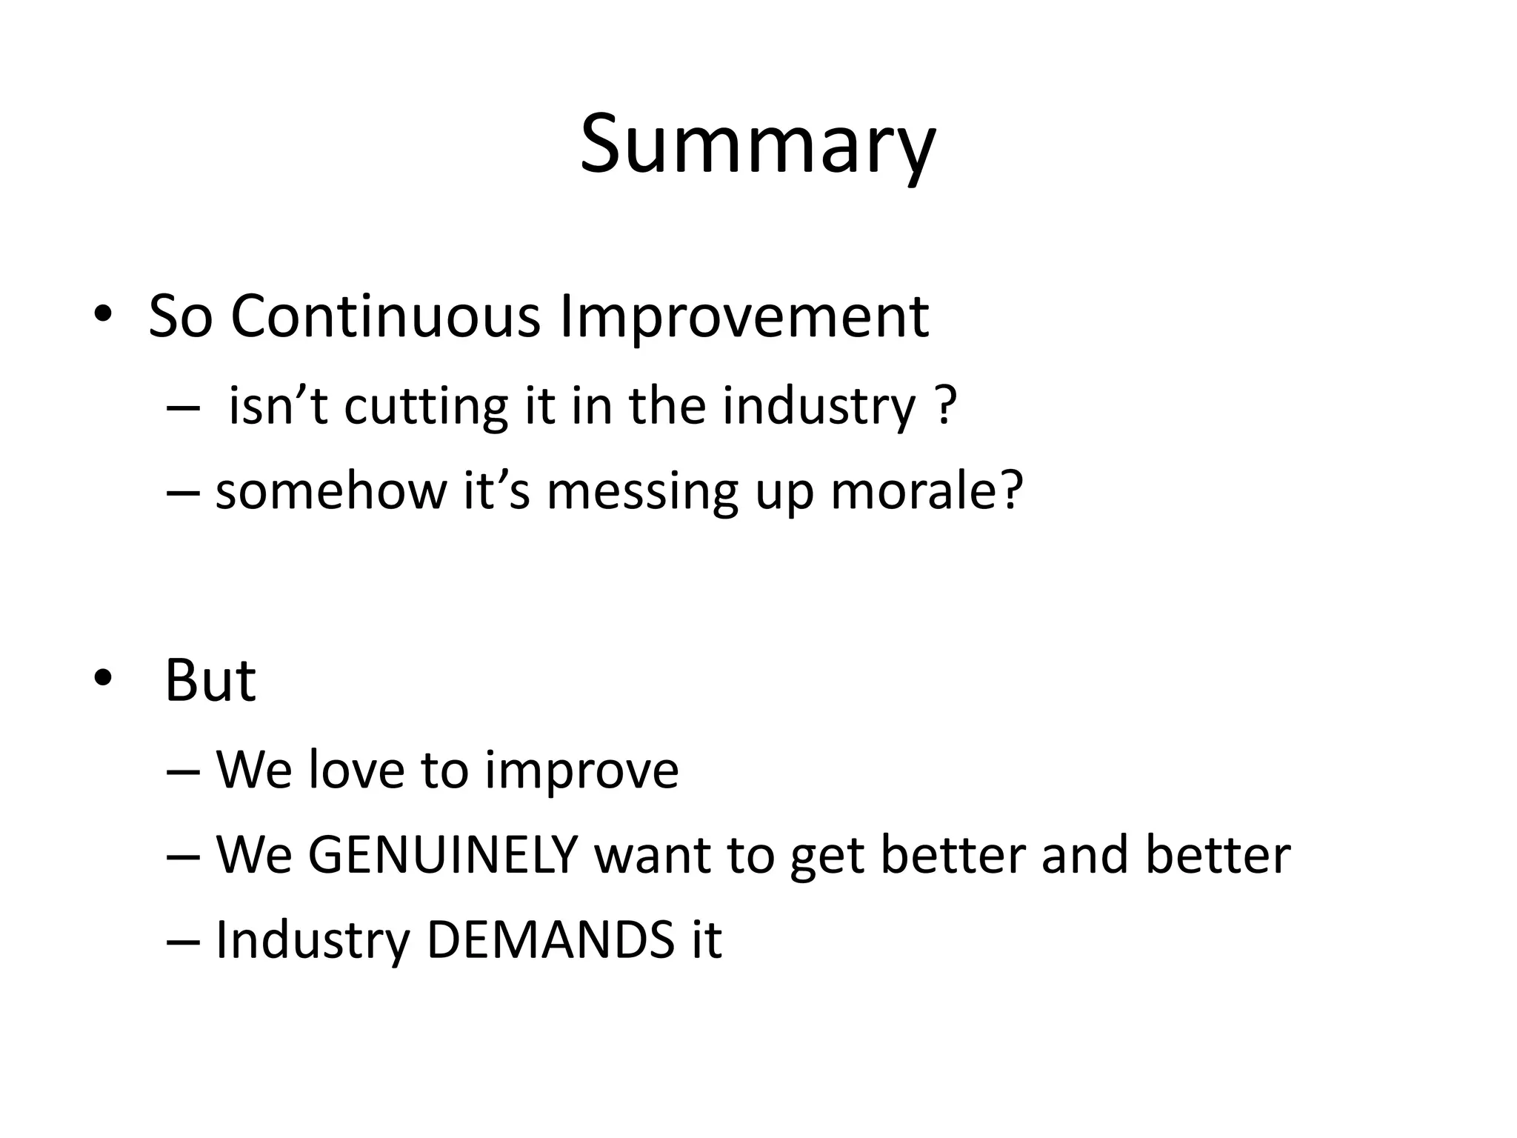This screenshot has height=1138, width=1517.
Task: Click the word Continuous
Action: tap(385, 317)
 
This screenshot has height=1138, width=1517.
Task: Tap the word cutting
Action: tap(426, 407)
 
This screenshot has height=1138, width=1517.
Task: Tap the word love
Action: tap(356, 770)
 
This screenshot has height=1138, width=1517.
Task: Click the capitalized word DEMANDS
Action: tap(550, 939)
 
